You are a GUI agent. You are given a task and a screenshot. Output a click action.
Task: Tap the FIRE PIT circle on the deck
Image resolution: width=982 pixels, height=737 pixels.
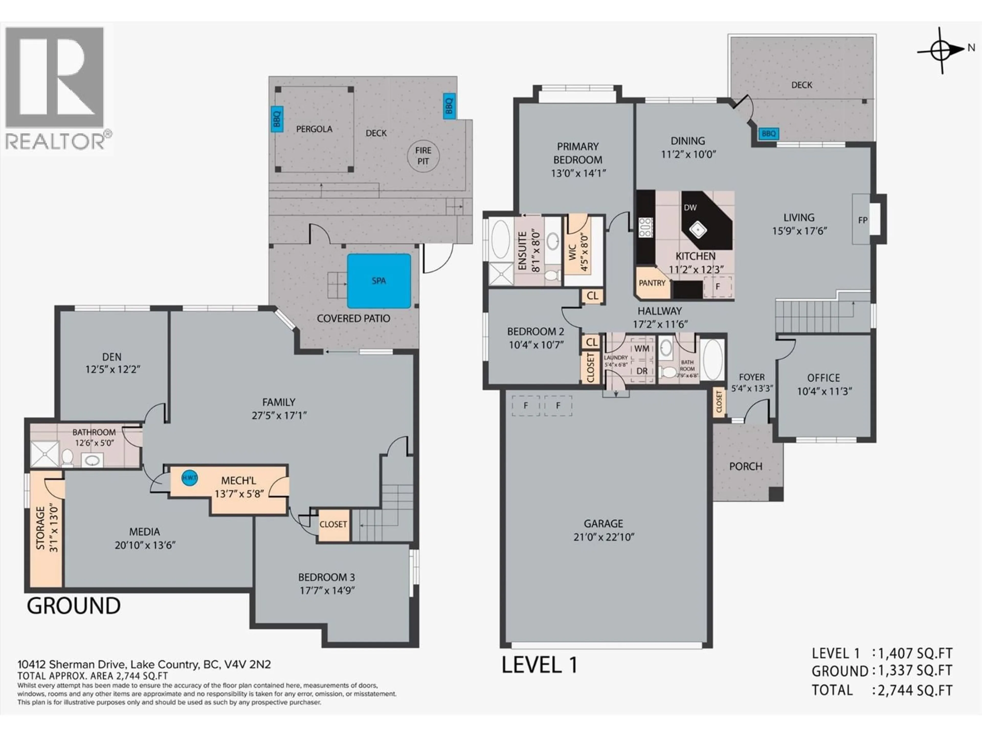423,156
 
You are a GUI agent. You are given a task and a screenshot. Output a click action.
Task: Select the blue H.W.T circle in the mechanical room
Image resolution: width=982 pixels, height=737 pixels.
189,478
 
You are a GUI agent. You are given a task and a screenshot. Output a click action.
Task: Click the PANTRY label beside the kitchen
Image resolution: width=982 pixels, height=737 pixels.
652,283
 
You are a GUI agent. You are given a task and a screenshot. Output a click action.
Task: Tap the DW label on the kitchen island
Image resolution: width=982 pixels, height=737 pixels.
690,208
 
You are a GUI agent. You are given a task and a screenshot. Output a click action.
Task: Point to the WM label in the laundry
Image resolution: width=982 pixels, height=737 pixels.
641,349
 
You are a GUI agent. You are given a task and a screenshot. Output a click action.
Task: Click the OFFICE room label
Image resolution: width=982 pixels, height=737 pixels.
823,378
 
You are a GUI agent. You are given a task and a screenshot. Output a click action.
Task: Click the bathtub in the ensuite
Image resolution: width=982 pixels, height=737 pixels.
501,240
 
